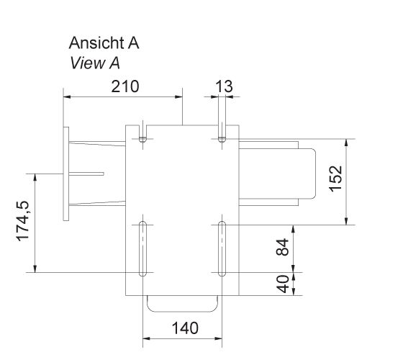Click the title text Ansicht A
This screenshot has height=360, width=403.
104,44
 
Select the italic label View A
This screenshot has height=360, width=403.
95,63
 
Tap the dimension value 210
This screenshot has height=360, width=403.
123,86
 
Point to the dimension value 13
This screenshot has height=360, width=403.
224,86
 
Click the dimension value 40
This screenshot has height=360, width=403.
283,284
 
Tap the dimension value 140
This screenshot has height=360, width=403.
184,328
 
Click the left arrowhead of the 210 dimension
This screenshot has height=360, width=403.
67,96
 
